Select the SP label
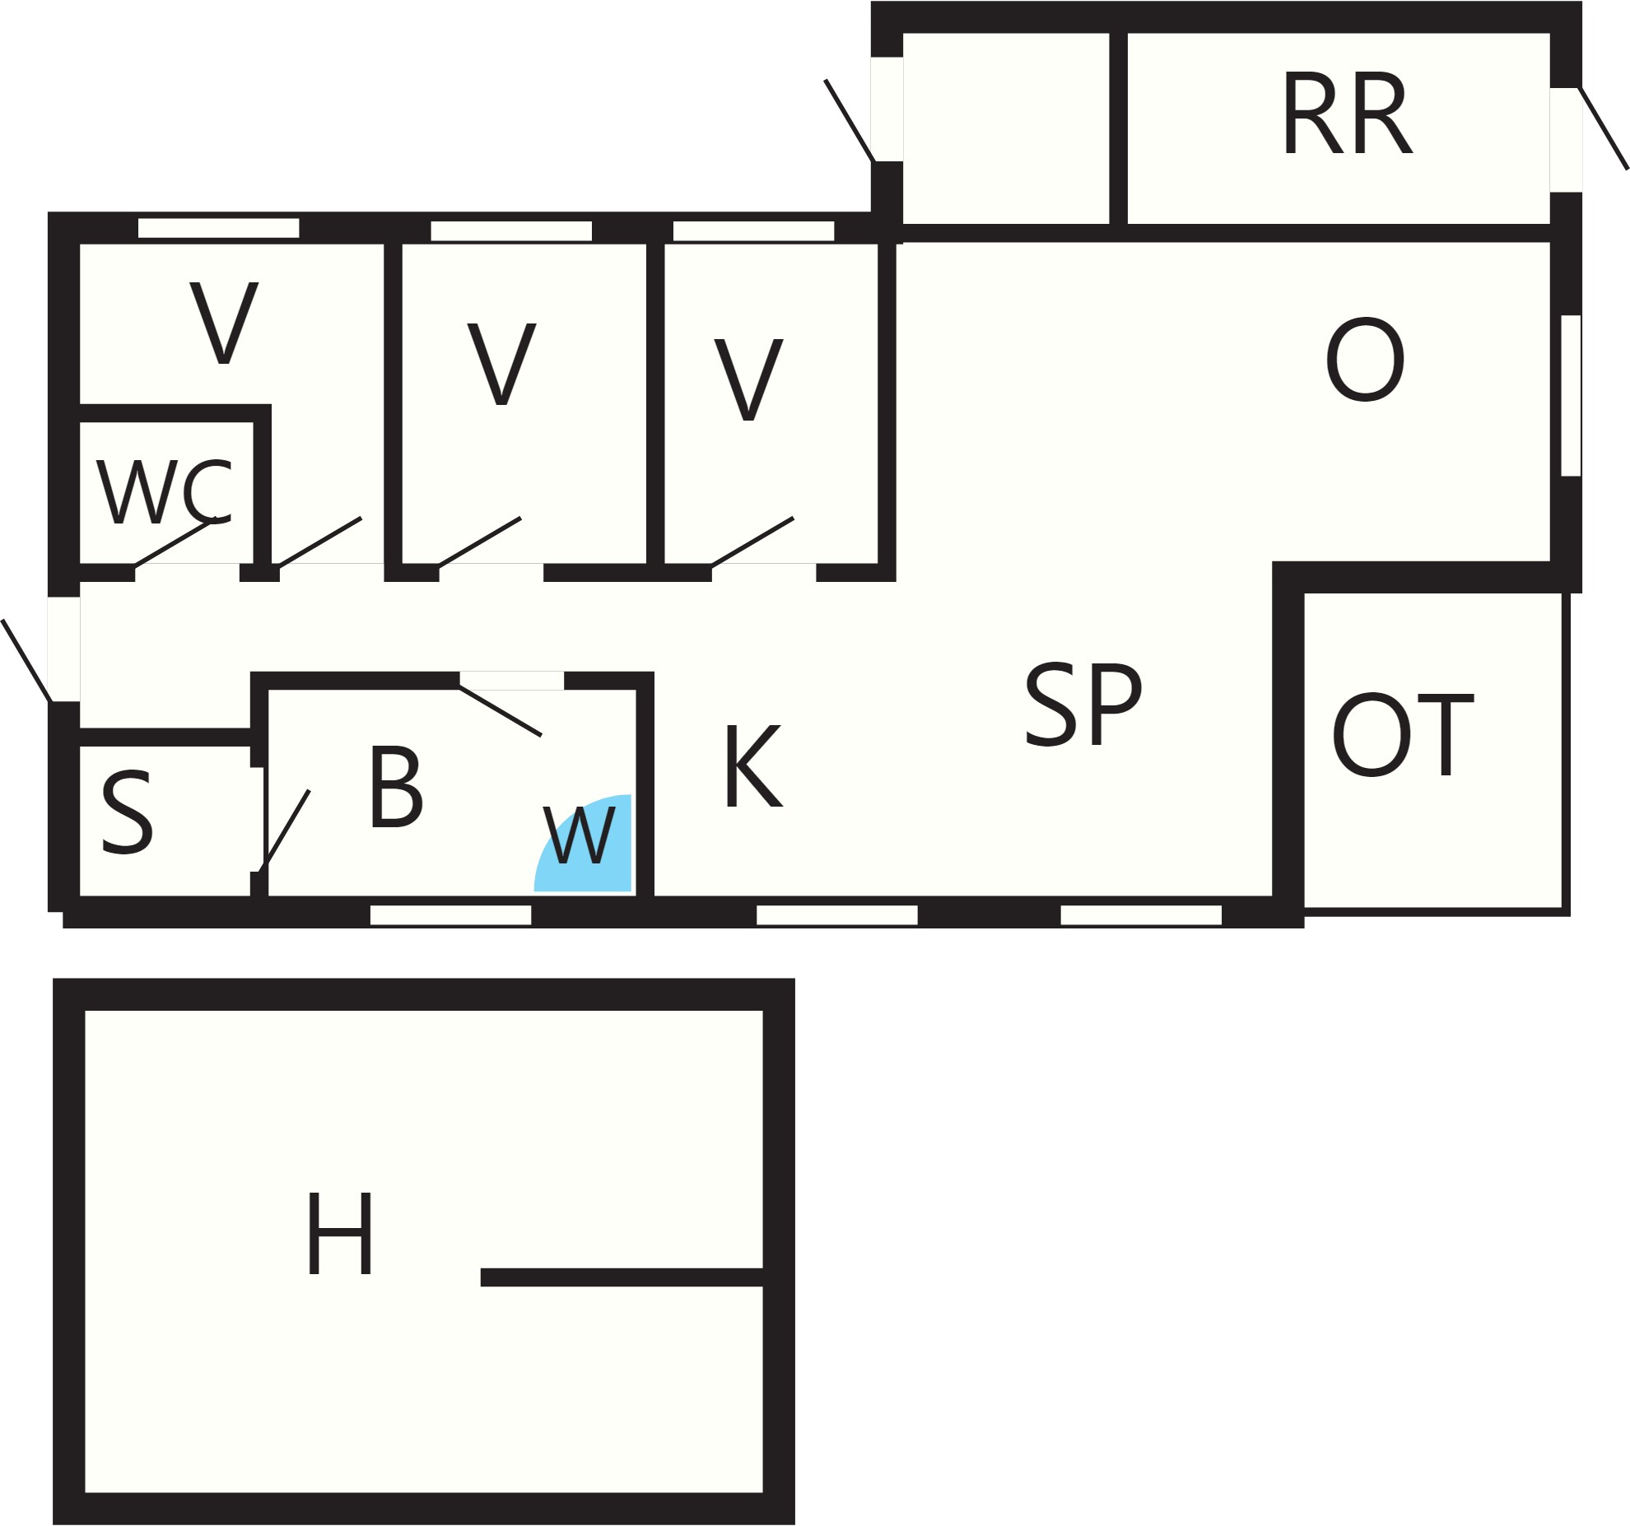point(1083,704)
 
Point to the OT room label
point(1403,734)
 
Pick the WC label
point(165,491)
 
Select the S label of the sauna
point(127,812)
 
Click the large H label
point(340,1233)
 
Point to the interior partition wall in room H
point(622,1277)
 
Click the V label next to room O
point(748,379)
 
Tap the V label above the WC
point(224,322)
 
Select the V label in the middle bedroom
point(501,363)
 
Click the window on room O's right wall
point(1571,395)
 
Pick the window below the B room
point(450,914)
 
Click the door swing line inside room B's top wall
point(501,711)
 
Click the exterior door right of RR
point(1603,128)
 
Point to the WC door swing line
point(175,542)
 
